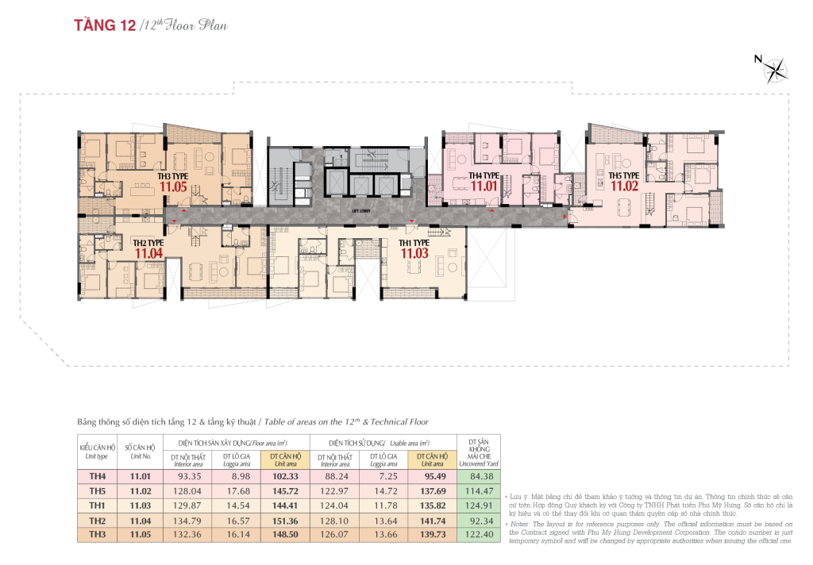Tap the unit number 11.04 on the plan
point(148,254)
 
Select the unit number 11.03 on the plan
point(414,253)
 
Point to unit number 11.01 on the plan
point(484,186)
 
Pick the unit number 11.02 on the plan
point(625,186)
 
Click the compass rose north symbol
point(775,70)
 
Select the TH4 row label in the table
point(97,477)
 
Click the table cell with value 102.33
point(284,477)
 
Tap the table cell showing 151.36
point(284,521)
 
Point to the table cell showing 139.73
point(432,535)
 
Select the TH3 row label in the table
point(97,535)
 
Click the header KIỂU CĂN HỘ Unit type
point(97,452)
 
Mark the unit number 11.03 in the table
point(140,505)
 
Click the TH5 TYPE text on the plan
point(624,175)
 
